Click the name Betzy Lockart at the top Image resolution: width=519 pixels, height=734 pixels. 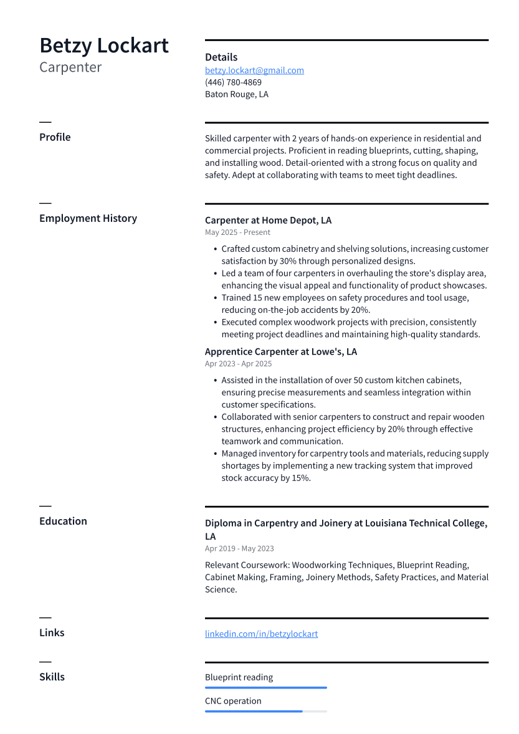point(104,46)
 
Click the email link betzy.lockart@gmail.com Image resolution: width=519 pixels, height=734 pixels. point(254,70)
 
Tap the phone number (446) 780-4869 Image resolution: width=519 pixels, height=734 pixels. point(233,82)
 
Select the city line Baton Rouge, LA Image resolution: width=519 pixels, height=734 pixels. point(237,95)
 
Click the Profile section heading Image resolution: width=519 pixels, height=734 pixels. point(55,137)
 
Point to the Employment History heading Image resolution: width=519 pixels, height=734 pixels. point(88,218)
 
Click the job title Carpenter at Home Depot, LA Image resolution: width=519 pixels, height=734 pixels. point(268,221)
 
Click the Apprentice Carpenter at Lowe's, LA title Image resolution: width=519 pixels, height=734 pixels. point(280,351)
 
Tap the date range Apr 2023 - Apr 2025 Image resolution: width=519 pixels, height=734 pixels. point(238,364)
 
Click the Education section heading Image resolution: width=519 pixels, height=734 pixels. point(63,521)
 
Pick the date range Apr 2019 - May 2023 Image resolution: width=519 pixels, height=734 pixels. point(239,549)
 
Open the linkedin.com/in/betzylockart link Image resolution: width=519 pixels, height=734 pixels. point(261,634)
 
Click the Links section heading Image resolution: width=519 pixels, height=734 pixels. point(52,632)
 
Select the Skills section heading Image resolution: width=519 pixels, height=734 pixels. point(52,677)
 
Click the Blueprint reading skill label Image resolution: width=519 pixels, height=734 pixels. point(239,677)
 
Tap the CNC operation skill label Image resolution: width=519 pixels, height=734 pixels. point(233,701)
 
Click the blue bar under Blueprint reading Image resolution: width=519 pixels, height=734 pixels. point(265,688)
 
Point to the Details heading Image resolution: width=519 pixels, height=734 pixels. point(221,57)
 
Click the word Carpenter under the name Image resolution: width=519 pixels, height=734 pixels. point(70,67)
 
